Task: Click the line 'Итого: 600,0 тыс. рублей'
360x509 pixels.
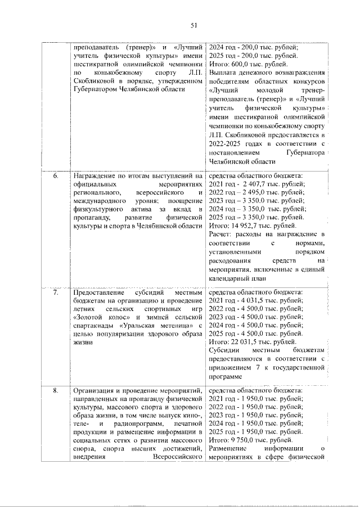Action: [x=244, y=65]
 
